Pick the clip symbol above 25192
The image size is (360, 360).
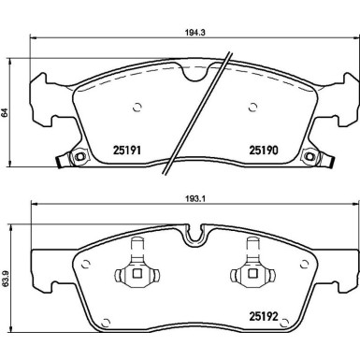251,271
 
